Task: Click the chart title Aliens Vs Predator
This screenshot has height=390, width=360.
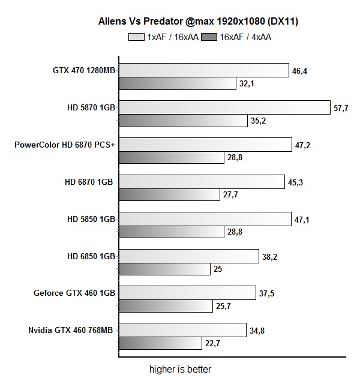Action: point(199,22)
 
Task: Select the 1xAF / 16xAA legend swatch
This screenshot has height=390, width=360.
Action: point(137,37)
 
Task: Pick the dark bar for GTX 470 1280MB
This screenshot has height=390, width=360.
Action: point(178,83)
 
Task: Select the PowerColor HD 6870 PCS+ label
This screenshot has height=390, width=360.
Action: point(64,145)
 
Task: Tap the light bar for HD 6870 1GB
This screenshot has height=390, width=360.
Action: point(202,182)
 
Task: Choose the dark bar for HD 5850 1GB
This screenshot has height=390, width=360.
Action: point(172,232)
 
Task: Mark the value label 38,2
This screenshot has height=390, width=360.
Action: point(269,256)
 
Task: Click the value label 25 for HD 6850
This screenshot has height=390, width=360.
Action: point(218,269)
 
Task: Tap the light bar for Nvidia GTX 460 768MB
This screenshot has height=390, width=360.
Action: point(182,330)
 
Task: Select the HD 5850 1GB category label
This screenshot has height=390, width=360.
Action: point(91,219)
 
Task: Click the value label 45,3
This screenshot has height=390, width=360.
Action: point(295,182)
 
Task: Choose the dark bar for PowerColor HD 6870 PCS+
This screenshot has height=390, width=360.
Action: point(172,158)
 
